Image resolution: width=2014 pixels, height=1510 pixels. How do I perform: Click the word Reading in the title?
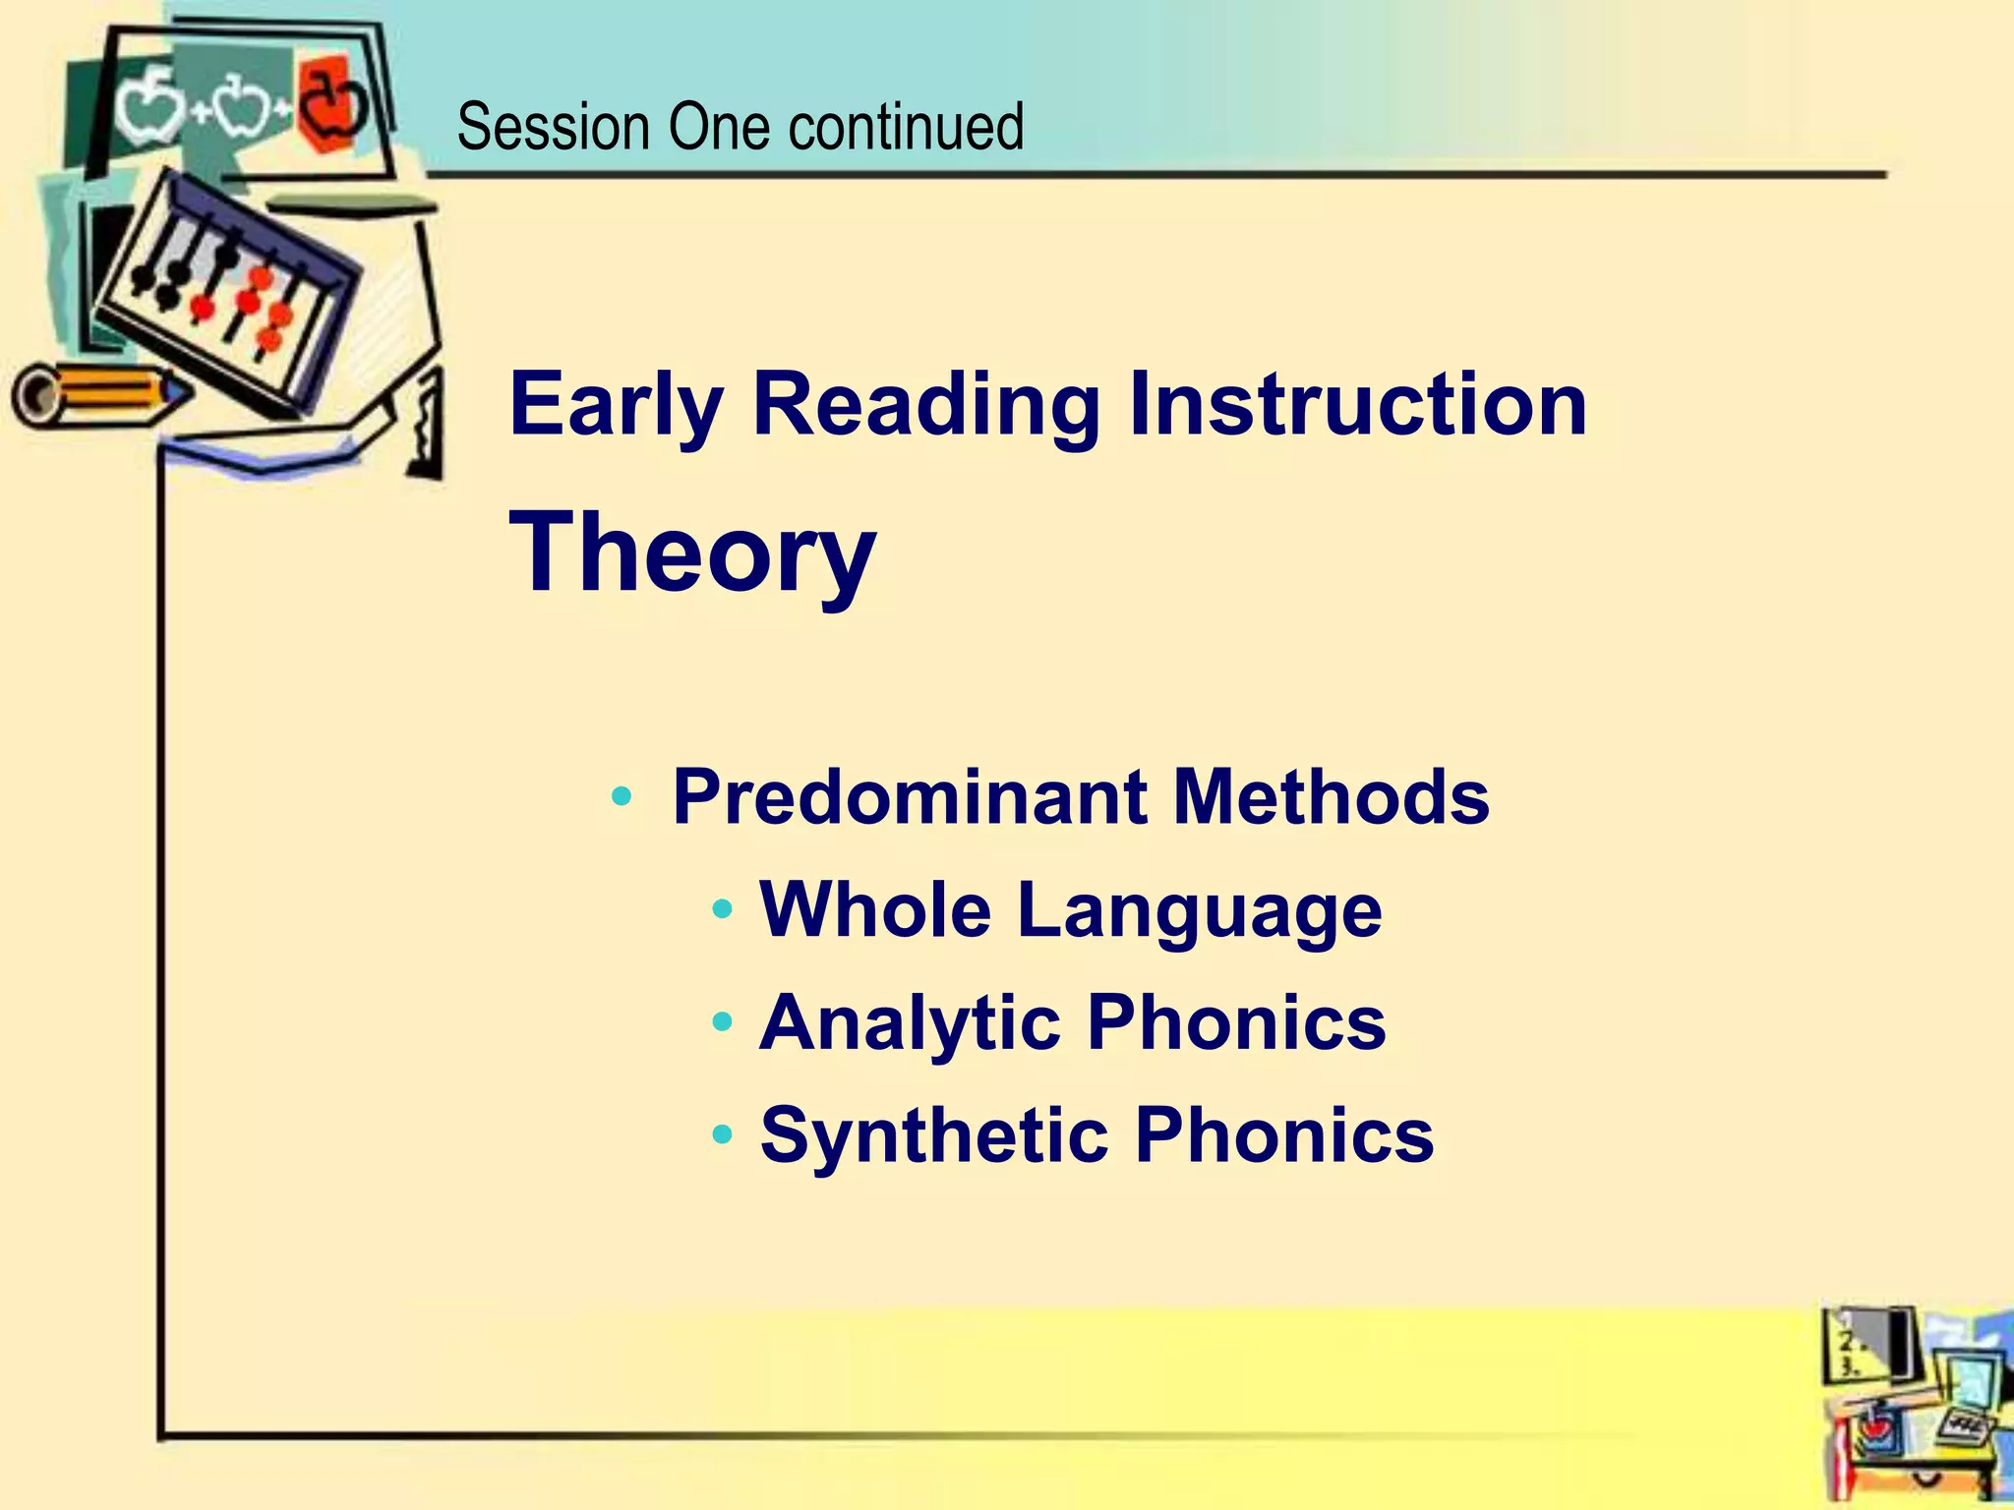[x=925, y=405]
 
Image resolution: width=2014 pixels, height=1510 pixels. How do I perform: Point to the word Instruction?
[x=1357, y=405]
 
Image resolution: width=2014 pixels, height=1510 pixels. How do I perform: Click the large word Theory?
[x=691, y=552]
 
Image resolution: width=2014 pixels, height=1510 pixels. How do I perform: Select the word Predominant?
[x=910, y=796]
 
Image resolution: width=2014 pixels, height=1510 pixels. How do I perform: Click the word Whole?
[x=875, y=909]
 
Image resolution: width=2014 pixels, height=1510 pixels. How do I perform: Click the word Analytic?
[x=910, y=1022]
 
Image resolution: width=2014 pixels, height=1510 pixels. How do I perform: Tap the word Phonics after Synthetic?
[x=1284, y=1135]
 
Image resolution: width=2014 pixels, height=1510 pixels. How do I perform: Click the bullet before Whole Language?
[x=723, y=909]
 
